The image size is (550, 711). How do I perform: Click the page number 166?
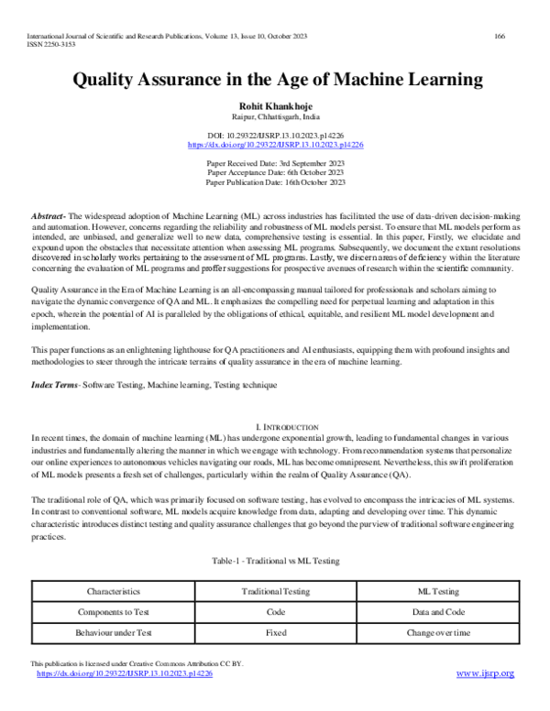tap(500, 36)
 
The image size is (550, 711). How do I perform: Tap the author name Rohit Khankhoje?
tap(276, 106)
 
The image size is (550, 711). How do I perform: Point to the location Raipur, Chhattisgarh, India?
tap(276, 118)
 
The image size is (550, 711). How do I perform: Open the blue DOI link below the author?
tap(276, 145)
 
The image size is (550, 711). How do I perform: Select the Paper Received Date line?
tap(276, 162)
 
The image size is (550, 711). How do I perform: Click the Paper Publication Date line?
tap(276, 181)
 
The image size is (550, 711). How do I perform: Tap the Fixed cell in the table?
tap(276, 633)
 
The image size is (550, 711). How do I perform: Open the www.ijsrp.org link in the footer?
tap(485, 673)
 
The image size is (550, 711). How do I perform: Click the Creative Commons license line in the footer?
tap(137, 663)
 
